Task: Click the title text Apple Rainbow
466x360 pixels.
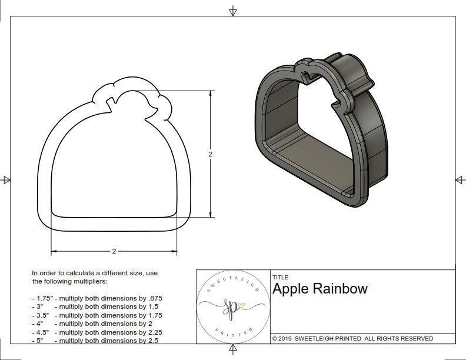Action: (x=319, y=289)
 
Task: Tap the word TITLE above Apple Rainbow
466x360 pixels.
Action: (x=280, y=277)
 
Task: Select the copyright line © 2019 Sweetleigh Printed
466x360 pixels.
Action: (x=352, y=338)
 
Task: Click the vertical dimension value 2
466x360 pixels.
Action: (x=210, y=154)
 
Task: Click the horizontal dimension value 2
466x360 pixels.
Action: (x=114, y=251)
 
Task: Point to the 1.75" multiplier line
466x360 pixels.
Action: (x=96, y=298)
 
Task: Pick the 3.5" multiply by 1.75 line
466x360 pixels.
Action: (x=96, y=315)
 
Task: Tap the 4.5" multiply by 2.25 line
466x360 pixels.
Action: (x=96, y=332)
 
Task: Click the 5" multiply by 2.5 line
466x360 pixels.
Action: (x=94, y=340)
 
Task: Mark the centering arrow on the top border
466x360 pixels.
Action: (x=233, y=11)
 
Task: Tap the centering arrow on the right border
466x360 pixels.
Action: (x=460, y=179)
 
